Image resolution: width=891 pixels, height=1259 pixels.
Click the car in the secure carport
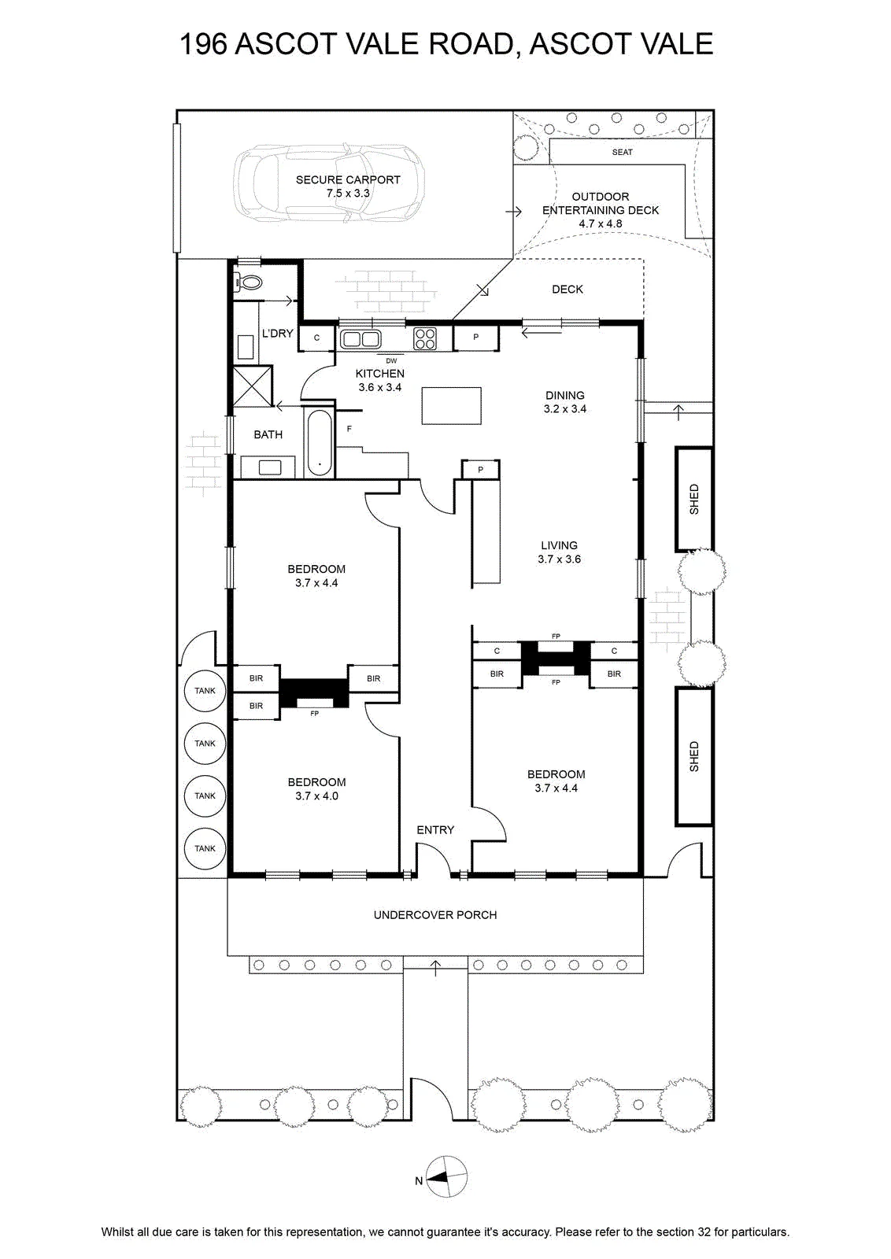[x=329, y=183]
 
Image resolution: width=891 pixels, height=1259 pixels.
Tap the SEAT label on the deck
[x=623, y=153]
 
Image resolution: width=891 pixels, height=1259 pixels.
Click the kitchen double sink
[x=360, y=339]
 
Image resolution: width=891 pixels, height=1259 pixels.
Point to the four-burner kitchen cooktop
[x=424, y=339]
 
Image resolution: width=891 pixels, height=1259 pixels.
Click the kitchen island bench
[x=451, y=406]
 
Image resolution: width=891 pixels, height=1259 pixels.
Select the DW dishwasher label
[x=391, y=361]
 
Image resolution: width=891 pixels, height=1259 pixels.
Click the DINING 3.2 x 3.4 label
[x=565, y=402]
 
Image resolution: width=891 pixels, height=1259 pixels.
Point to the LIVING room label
[x=560, y=545]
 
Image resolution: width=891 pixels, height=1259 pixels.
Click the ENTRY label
[x=435, y=829]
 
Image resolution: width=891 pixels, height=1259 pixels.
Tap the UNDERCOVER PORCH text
[x=435, y=915]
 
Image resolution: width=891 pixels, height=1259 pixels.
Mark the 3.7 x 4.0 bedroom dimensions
[x=316, y=796]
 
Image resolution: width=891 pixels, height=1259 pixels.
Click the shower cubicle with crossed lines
[x=253, y=386]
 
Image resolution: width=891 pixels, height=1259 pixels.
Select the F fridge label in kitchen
[x=349, y=429]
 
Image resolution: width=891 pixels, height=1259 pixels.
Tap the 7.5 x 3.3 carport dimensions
[x=348, y=194]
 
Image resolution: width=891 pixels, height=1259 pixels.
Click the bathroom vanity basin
[x=270, y=467]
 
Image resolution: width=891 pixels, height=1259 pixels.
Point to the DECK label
[x=568, y=290]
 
